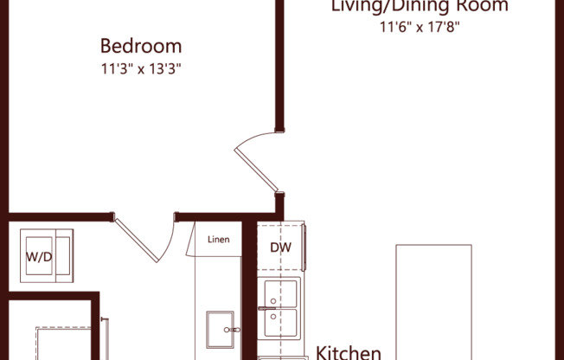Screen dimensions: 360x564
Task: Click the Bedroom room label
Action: [141, 46]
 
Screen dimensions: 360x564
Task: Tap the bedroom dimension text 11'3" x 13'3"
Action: [141, 67]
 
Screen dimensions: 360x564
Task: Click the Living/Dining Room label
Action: [420, 7]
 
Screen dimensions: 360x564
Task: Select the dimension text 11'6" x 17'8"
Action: [420, 27]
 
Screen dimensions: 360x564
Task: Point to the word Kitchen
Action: [348, 352]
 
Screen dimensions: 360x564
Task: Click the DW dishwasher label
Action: [280, 248]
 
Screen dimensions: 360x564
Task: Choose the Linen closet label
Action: [219, 240]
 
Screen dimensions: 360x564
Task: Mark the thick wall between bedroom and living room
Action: [279, 65]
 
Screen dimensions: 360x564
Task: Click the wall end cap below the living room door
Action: [279, 206]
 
